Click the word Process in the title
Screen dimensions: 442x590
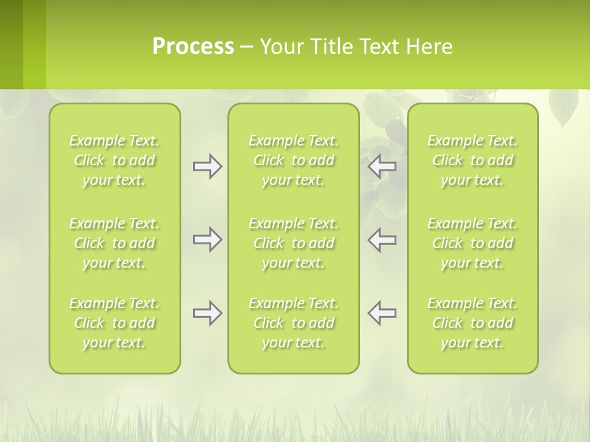tap(193, 47)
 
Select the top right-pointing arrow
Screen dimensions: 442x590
tap(207, 166)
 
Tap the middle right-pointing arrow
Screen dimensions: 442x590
tap(207, 239)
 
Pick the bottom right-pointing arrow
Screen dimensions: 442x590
tap(207, 313)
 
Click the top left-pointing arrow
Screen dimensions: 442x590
tap(382, 166)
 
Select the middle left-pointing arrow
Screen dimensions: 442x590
tap(382, 239)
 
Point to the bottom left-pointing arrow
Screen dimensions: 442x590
tap(382, 313)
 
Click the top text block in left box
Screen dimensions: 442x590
tap(114, 160)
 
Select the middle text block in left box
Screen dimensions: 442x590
tap(114, 243)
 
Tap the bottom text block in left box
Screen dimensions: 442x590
tap(114, 323)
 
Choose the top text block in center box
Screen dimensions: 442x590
tap(294, 160)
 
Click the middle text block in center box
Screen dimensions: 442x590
tap(294, 243)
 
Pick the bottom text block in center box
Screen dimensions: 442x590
tap(294, 323)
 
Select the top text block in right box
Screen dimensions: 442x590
tap(473, 160)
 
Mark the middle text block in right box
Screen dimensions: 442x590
tap(473, 243)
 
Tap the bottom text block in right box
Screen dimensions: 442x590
tap(473, 323)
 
